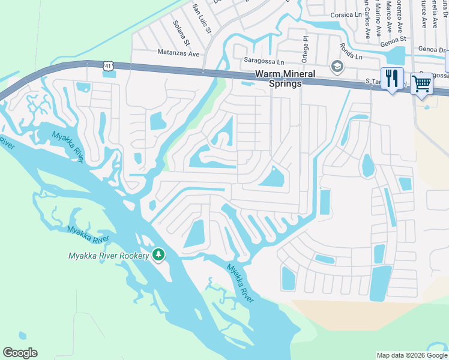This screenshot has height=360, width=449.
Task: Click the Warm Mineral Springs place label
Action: (278, 79)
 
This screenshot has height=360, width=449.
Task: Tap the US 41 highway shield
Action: (108, 67)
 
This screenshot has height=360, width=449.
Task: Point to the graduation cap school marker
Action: (337, 66)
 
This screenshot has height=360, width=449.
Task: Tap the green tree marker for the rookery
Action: (158, 255)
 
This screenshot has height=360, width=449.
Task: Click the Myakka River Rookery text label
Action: (109, 256)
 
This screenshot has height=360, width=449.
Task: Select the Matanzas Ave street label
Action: (178, 53)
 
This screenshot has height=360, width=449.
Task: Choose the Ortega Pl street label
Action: (305, 47)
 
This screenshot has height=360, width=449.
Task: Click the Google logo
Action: (20, 353)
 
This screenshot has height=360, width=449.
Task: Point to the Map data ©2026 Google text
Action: (411, 355)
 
